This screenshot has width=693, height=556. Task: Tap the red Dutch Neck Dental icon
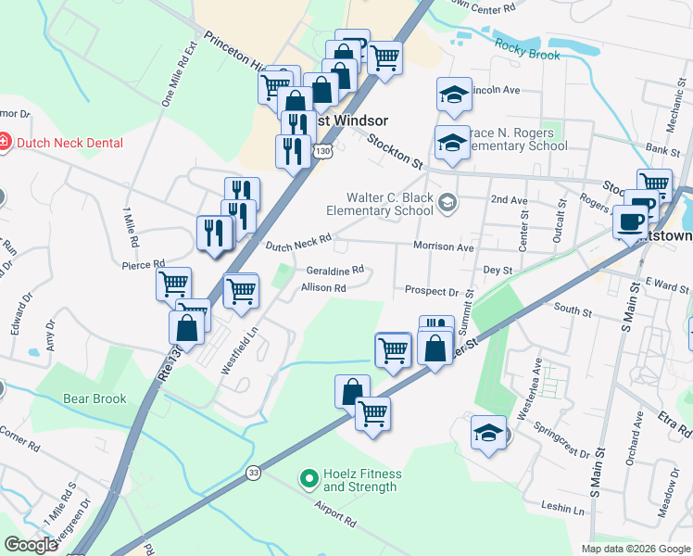click(5, 143)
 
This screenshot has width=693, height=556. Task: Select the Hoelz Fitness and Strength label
click(359, 481)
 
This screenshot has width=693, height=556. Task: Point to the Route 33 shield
click(253, 472)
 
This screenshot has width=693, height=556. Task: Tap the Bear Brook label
click(94, 398)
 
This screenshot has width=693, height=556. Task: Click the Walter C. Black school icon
click(447, 203)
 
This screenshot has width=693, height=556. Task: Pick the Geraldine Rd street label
click(334, 271)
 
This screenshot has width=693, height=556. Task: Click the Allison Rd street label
click(323, 288)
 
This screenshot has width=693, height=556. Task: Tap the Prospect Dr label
click(432, 291)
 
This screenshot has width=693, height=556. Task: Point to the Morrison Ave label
click(443, 246)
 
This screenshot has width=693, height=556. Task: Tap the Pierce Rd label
click(143, 264)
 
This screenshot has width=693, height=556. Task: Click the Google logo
click(31, 545)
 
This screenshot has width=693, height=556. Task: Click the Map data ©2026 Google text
click(635, 549)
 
